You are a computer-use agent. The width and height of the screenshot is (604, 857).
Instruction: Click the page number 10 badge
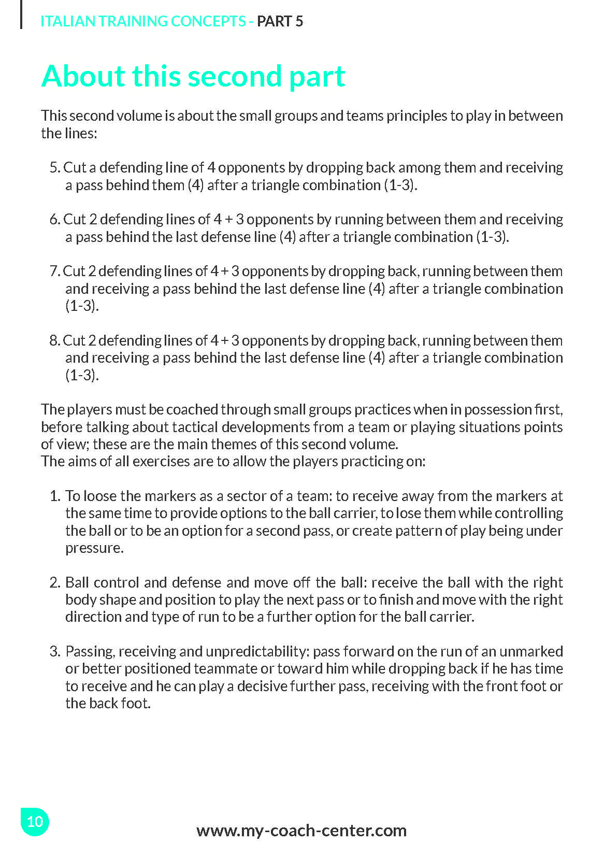[x=35, y=821]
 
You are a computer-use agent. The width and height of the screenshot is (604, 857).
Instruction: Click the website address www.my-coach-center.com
[x=301, y=830]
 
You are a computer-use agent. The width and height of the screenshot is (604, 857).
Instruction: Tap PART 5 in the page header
[x=280, y=21]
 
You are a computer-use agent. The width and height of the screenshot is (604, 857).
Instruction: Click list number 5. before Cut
[x=55, y=167]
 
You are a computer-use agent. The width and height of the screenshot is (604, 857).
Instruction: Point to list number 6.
[x=55, y=219]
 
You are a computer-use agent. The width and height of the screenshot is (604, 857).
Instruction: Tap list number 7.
[x=55, y=271]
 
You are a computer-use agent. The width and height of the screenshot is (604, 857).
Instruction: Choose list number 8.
[x=55, y=340]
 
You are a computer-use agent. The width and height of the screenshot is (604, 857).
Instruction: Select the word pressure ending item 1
[x=94, y=548]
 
